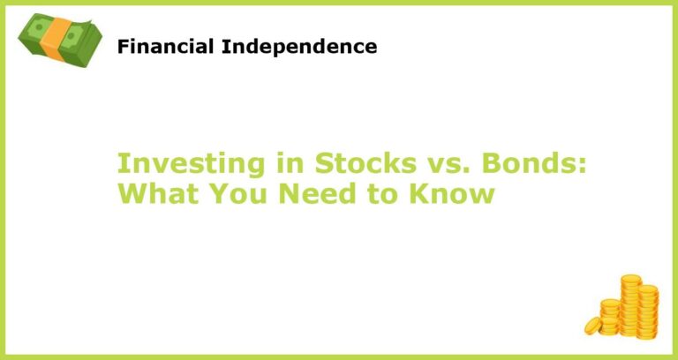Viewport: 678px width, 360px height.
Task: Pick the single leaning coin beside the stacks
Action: click(592, 326)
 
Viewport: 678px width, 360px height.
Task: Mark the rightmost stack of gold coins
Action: click(648, 309)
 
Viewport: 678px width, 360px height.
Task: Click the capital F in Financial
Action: click(124, 47)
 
